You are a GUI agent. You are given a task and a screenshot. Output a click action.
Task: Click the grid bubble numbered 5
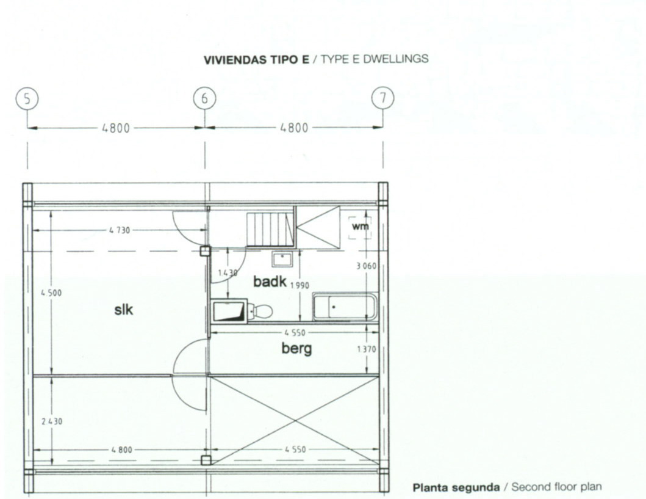point(27,99)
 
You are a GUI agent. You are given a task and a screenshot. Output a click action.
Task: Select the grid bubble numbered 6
point(205,99)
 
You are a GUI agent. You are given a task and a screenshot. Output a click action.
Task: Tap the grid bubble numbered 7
point(382,98)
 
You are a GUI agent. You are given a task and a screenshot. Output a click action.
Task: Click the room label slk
point(124,309)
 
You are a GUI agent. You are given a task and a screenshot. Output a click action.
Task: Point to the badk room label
point(270,282)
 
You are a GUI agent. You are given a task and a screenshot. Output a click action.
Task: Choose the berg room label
point(296,349)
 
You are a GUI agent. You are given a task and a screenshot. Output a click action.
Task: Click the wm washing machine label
point(360,227)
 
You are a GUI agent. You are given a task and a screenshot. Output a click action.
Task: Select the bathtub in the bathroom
point(345,307)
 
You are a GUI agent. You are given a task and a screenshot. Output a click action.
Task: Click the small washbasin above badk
point(282,260)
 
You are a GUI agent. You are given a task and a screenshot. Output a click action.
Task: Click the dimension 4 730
point(120,230)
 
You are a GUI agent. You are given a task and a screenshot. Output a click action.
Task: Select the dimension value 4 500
point(51,293)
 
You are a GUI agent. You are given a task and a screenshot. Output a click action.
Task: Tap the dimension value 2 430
point(52,421)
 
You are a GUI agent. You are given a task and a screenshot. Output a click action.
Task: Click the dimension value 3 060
point(366,266)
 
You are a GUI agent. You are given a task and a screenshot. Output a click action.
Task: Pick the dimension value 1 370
point(366,349)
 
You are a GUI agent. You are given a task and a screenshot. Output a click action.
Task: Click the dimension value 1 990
point(300,285)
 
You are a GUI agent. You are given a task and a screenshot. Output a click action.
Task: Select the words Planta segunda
point(456,488)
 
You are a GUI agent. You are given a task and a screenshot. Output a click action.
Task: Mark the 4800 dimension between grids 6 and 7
point(294,128)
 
